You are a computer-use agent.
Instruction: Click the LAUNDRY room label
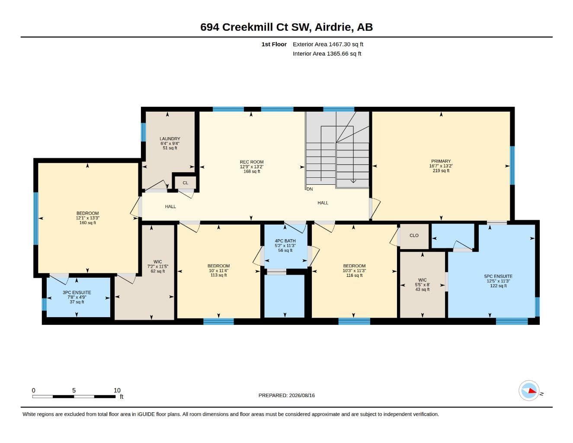(170, 139)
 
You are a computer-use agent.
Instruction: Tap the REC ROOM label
(252, 162)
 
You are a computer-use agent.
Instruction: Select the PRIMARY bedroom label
(441, 161)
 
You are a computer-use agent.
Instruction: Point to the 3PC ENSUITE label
(77, 292)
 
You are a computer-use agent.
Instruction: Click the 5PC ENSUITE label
(498, 276)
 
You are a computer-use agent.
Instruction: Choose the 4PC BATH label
(285, 241)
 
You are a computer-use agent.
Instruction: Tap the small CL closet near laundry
(186, 183)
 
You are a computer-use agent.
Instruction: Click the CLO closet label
(414, 235)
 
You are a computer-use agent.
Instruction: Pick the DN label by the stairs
(310, 189)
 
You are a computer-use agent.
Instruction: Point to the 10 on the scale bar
(117, 390)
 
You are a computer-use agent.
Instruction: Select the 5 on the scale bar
(74, 390)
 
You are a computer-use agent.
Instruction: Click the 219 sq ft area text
(441, 170)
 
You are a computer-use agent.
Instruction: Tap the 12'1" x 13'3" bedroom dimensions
(87, 218)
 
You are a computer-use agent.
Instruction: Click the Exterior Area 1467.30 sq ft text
(328, 44)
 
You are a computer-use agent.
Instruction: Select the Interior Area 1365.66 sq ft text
(327, 54)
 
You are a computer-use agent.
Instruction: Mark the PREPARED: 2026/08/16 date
(286, 395)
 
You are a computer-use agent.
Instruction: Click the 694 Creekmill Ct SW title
(254, 27)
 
